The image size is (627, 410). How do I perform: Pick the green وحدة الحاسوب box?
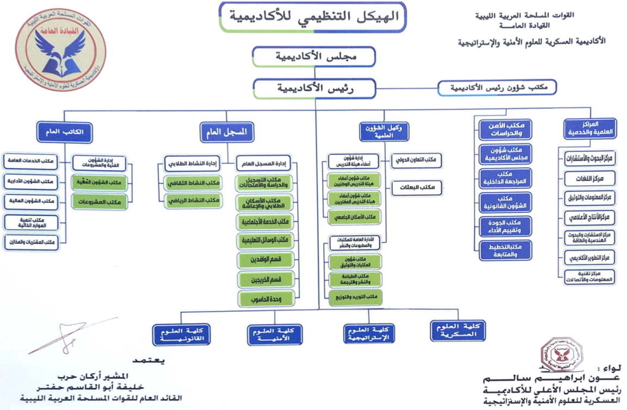point(266,298)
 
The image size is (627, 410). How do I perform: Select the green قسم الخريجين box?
point(266,279)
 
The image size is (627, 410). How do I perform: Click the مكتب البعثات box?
point(416,188)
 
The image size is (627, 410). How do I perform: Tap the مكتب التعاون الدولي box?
point(416,160)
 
